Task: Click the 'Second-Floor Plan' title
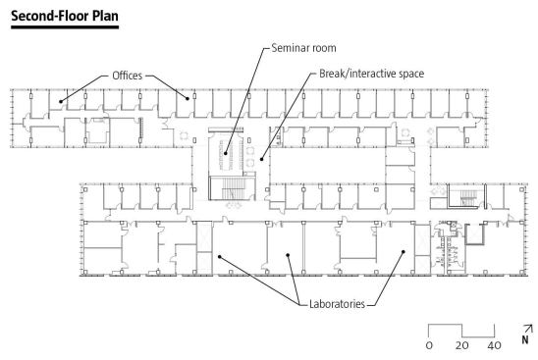pyautogui.click(x=65, y=16)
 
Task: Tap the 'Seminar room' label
pyautogui.click(x=303, y=48)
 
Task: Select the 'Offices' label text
pyautogui.click(x=127, y=76)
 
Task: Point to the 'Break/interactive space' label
pyautogui.click(x=371, y=74)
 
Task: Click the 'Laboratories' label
pyautogui.click(x=337, y=304)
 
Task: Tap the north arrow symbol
pyautogui.click(x=529, y=329)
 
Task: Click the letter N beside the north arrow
pyautogui.click(x=525, y=339)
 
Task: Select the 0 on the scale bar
pyautogui.click(x=429, y=345)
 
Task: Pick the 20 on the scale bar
pyautogui.click(x=461, y=345)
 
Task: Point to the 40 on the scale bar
pyautogui.click(x=494, y=345)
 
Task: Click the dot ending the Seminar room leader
pyautogui.click(x=226, y=153)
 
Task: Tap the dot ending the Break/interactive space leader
pyautogui.click(x=261, y=159)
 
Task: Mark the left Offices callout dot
pyautogui.click(x=61, y=101)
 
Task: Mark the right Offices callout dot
pyautogui.click(x=188, y=99)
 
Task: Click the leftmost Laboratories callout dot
pyautogui.click(x=220, y=256)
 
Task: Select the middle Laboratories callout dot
pyautogui.click(x=288, y=255)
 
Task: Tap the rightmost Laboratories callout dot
pyautogui.click(x=403, y=252)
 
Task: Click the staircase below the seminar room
pyautogui.click(x=232, y=188)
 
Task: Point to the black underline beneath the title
pyautogui.click(x=65, y=27)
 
